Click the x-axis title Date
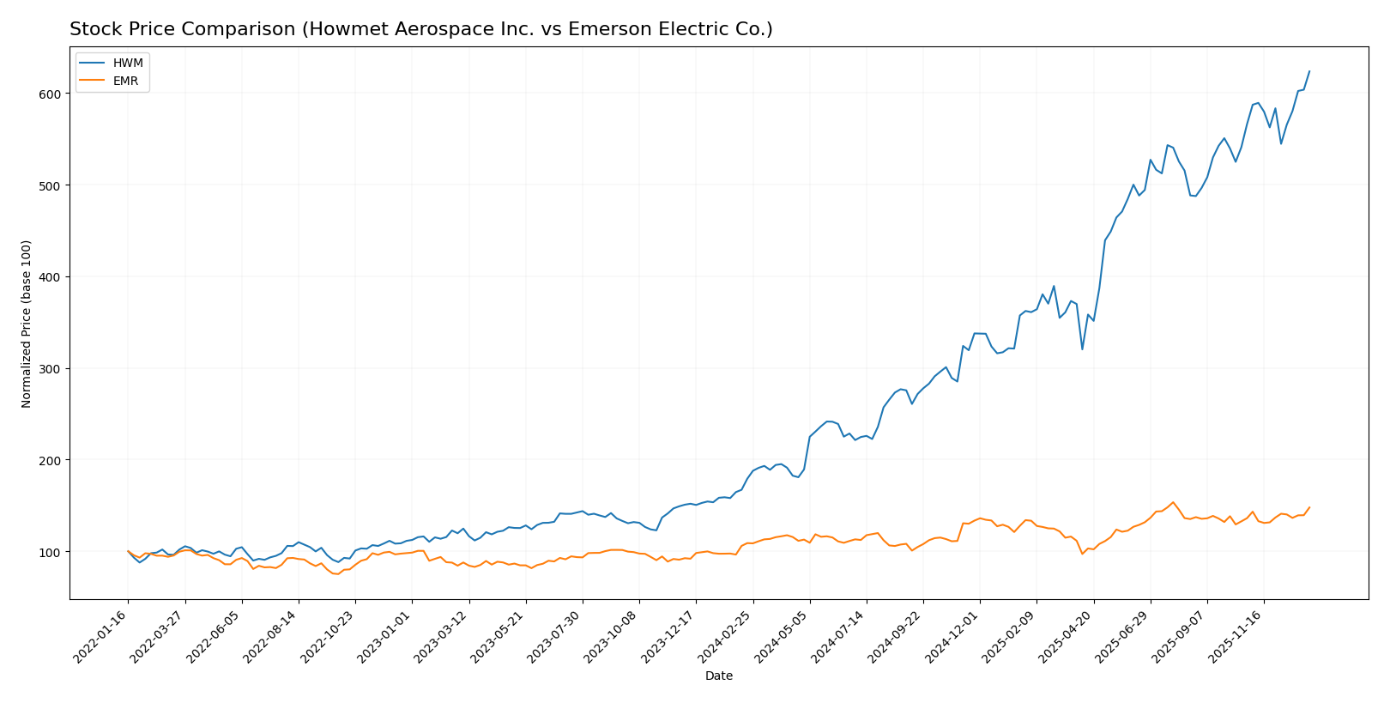click(718, 676)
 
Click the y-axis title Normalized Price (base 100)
click(27, 324)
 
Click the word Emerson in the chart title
click(613, 30)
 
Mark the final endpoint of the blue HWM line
click(1309, 71)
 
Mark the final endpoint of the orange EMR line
click(1309, 507)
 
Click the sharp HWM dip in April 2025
click(1082, 348)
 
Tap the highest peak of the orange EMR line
click(1173, 502)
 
